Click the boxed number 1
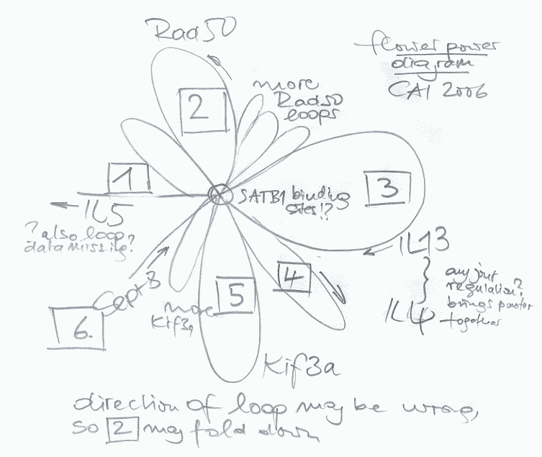point(130,178)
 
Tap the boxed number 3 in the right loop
point(387,189)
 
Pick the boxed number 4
point(293,276)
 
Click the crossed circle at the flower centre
point(218,194)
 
